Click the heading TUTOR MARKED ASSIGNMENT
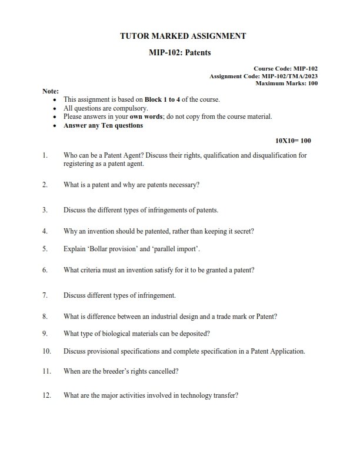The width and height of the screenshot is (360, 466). tap(183, 36)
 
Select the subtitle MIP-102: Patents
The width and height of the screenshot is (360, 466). tap(180, 52)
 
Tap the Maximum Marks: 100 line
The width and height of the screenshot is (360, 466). tap(286, 84)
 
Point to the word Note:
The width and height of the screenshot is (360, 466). tap(51, 91)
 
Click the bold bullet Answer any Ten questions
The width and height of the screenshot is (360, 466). tap(103, 125)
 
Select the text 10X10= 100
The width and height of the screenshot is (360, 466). tap(293, 141)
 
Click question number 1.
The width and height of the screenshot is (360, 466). tap(45, 156)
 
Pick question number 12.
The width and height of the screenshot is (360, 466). tap(47, 395)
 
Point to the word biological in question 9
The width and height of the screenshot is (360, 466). tap(117, 334)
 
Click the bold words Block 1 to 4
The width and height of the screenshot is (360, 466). tap(162, 99)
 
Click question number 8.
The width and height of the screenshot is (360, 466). tap(45, 316)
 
